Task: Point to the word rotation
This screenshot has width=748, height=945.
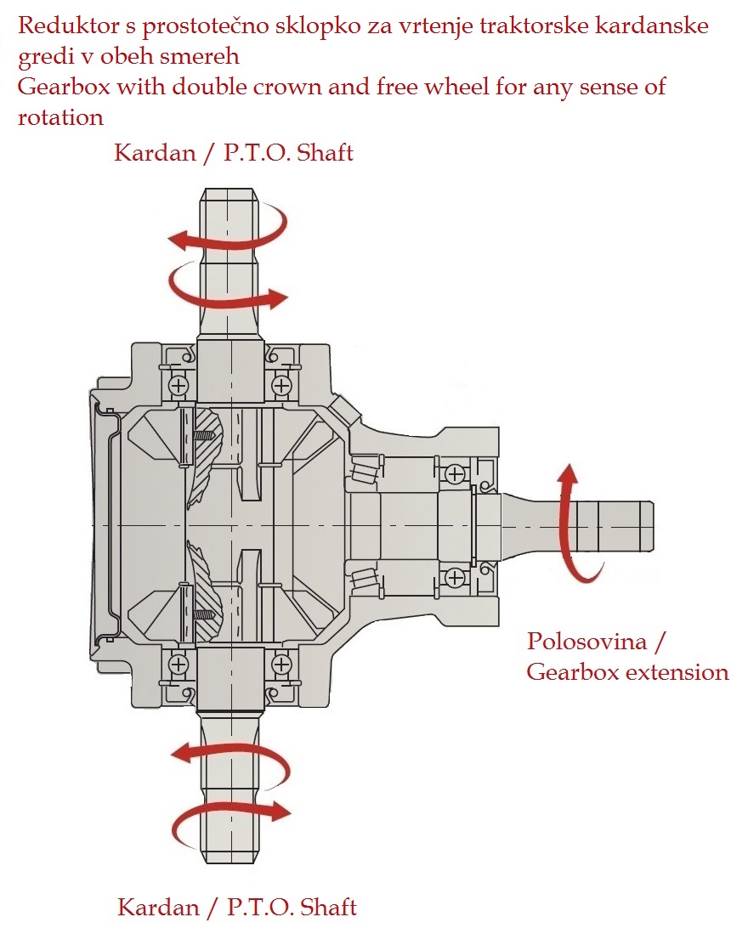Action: pyautogui.click(x=60, y=117)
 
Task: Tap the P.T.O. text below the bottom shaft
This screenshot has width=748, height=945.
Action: pyautogui.click(x=258, y=907)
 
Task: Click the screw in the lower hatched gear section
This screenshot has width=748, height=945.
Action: pyautogui.click(x=205, y=612)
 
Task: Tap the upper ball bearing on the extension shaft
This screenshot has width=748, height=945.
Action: pyautogui.click(x=456, y=472)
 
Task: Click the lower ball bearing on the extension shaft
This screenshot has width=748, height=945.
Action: pyautogui.click(x=456, y=576)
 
